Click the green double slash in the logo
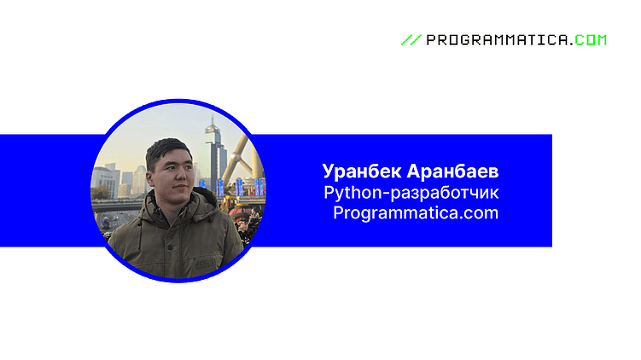pos(411,40)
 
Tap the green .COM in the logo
pos(589,40)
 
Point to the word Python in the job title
pos(348,192)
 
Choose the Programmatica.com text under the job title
pos(416,212)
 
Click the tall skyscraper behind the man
pos(213,154)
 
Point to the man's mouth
pos(180,191)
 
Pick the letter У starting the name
pos(329,171)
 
